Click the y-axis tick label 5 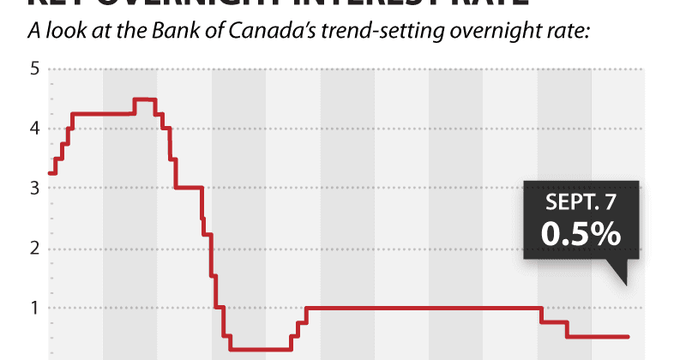[36, 69]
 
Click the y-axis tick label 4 [36, 129]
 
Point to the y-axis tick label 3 [36, 188]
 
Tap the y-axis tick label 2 [36, 248]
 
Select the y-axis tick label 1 [36, 307]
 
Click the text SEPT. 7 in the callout [580, 203]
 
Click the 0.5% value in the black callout [580, 233]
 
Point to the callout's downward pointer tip [626, 284]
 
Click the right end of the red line [629, 337]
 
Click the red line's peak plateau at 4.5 [144, 99]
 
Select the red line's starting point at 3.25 [50, 173]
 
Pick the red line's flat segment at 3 [189, 188]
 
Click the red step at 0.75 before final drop [554, 322]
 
